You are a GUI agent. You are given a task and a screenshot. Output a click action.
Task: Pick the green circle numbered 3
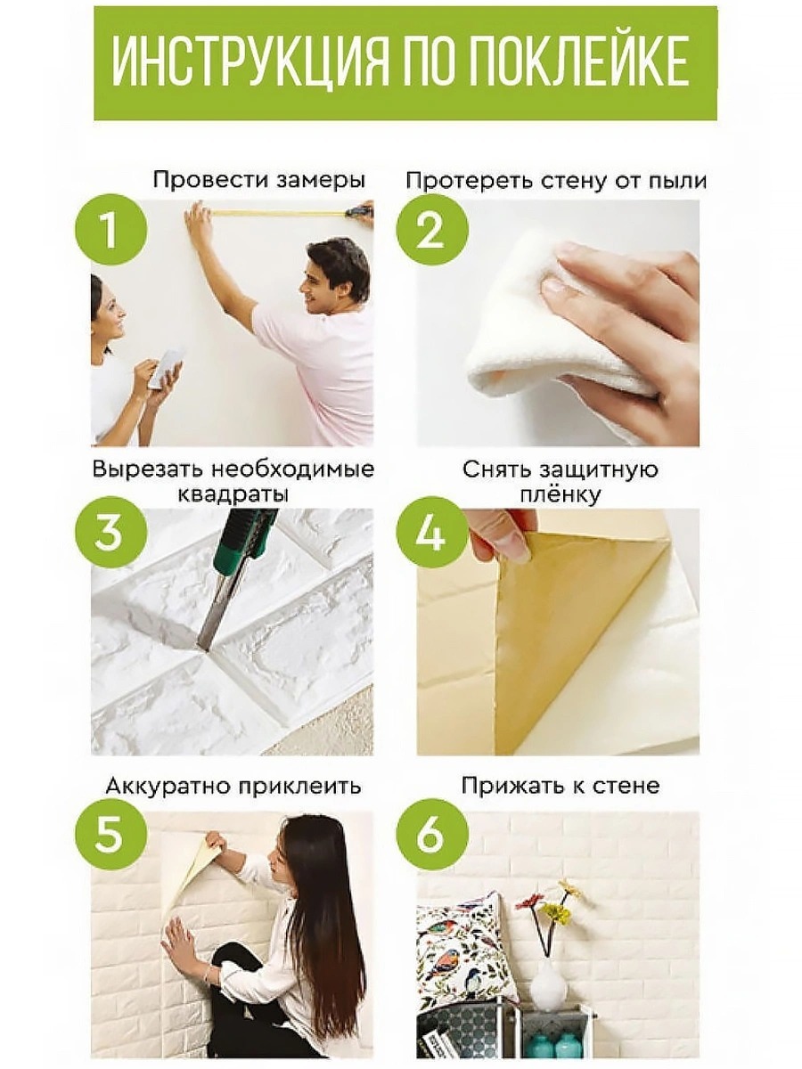coord(110,532)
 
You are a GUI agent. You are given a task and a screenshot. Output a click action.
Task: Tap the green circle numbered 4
coord(432,532)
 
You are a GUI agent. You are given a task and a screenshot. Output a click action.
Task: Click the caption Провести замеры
coord(259,181)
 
